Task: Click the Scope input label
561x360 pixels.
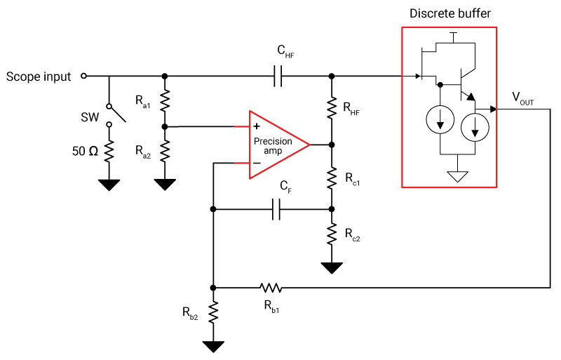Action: pos(39,76)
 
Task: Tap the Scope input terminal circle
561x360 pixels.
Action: pos(84,76)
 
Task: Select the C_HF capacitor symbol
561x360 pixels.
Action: pos(277,76)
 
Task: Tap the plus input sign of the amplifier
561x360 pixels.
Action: pos(257,126)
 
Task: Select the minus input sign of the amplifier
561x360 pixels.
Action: pos(257,164)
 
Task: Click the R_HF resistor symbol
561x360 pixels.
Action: pos(332,109)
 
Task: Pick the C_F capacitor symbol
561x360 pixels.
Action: pos(277,208)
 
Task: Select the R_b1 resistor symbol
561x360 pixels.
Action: pos(270,287)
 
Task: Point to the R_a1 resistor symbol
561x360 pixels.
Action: pos(165,102)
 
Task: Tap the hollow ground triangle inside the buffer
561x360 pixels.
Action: pos(457,176)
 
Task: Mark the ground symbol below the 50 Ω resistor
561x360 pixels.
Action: pos(109,185)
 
